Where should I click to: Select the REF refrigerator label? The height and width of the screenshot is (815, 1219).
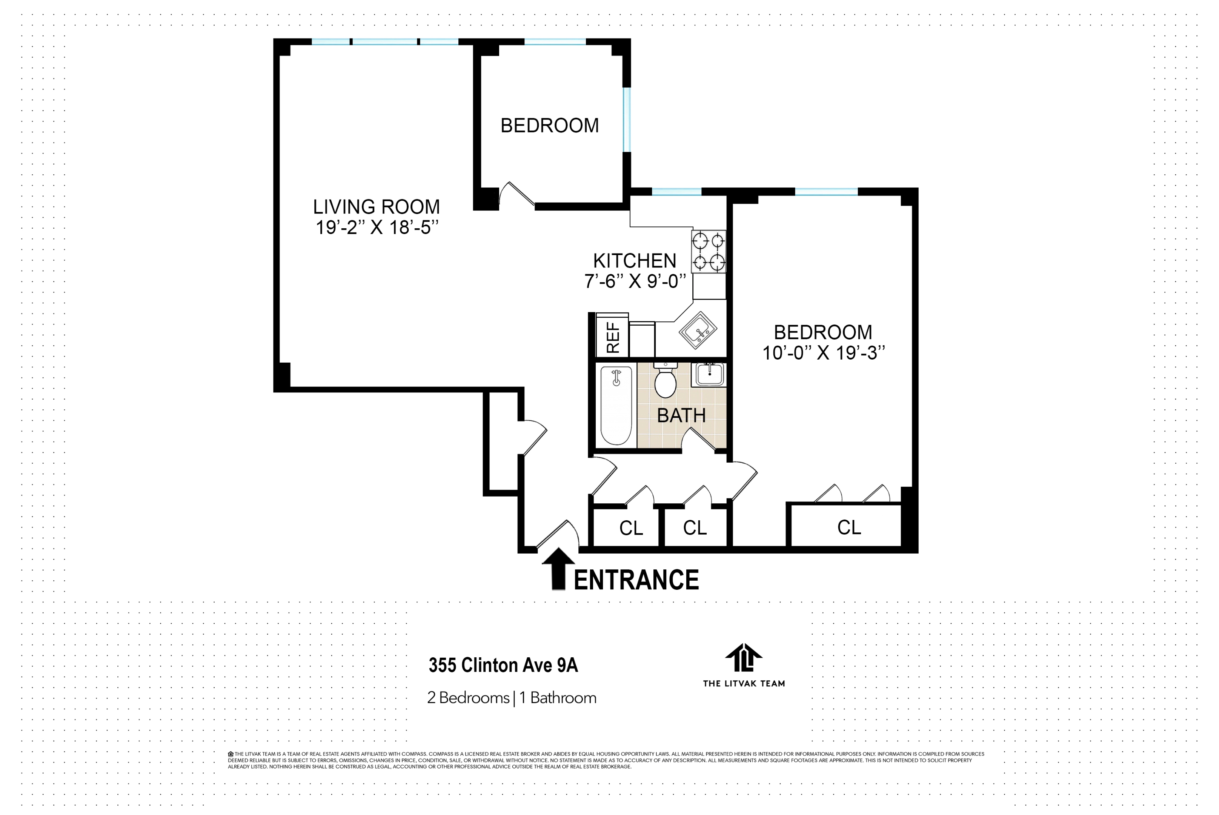(613, 337)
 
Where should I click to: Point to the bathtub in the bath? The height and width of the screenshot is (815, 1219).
(616, 405)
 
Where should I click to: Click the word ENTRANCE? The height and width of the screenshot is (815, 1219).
(636, 580)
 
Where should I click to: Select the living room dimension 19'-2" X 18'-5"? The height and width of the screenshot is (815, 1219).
(377, 228)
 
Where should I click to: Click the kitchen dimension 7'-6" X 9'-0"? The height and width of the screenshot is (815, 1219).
(635, 281)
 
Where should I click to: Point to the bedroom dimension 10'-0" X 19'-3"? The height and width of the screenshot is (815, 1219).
(823, 353)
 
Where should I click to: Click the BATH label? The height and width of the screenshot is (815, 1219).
(681, 416)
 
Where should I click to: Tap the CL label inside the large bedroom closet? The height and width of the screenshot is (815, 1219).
(849, 527)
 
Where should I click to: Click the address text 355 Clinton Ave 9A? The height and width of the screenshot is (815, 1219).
(503, 665)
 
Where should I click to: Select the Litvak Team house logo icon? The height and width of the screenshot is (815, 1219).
(744, 658)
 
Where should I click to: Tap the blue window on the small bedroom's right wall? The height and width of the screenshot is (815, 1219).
(627, 120)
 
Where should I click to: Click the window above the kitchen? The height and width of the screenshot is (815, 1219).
(676, 192)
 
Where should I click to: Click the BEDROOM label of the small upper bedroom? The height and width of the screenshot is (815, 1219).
(549, 126)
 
